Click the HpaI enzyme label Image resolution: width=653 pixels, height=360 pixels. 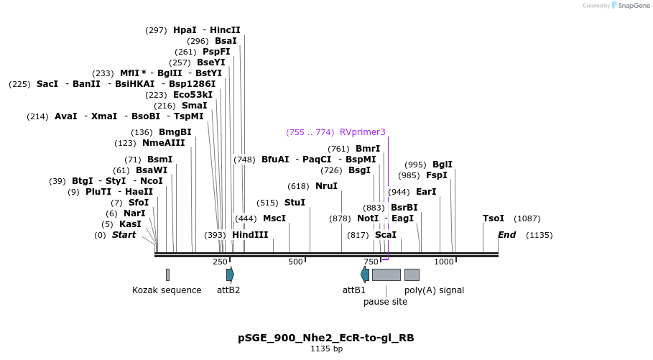pyautogui.click(x=185, y=30)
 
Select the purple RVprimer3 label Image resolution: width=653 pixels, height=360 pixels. pyautogui.click(x=363, y=132)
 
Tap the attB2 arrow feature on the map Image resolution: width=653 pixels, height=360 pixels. pyautogui.click(x=230, y=274)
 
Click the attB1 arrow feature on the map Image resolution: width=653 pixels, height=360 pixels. pyautogui.click(x=365, y=274)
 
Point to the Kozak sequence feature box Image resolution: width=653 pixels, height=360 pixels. pyautogui.click(x=167, y=274)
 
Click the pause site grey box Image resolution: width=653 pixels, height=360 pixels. pyautogui.click(x=386, y=274)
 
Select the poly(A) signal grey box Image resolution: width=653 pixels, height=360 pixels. pyautogui.click(x=412, y=274)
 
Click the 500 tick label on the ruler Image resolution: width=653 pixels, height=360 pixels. pyautogui.click(x=295, y=262)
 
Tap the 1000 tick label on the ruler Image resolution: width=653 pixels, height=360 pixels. pyautogui.click(x=444, y=262)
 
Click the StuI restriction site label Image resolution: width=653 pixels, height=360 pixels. pyautogui.click(x=295, y=203)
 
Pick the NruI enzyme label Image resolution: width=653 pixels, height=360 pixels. pyautogui.click(x=326, y=186)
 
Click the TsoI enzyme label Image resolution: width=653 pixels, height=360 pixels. pyautogui.click(x=494, y=218)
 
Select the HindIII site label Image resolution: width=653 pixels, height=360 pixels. pyautogui.click(x=250, y=235)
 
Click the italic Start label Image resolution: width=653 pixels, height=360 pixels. pyautogui.click(x=124, y=235)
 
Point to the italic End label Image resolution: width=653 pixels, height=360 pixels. pyautogui.click(x=507, y=235)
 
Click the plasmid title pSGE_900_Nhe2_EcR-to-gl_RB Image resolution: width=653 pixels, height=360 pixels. pyautogui.click(x=326, y=338)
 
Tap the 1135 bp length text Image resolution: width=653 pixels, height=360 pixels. pyautogui.click(x=326, y=349)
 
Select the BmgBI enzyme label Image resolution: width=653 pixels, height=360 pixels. pyautogui.click(x=175, y=132)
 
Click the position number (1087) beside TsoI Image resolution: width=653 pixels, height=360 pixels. pyautogui.click(x=527, y=218)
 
